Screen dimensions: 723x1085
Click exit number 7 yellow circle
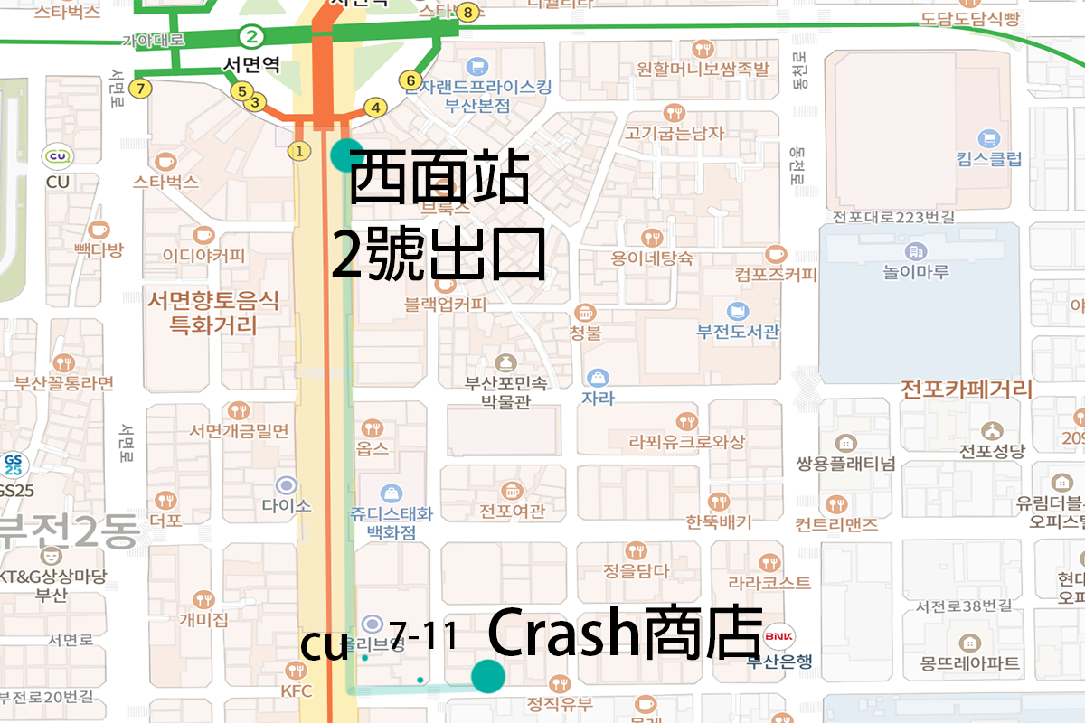click(x=139, y=89)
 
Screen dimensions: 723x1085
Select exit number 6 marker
click(x=409, y=79)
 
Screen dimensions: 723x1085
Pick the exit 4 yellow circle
click(x=375, y=108)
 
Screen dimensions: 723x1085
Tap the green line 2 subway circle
click(x=251, y=37)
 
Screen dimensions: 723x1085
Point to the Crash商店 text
click(x=625, y=635)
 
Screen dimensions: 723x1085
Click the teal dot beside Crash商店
click(x=487, y=675)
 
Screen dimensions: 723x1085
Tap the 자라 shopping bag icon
click(x=597, y=377)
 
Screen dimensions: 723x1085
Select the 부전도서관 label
click(x=738, y=332)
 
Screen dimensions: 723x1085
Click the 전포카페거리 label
click(x=967, y=390)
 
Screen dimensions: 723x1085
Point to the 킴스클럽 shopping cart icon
click(x=988, y=138)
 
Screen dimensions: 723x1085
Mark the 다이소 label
click(x=286, y=505)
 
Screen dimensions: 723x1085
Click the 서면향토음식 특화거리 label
click(x=213, y=312)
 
